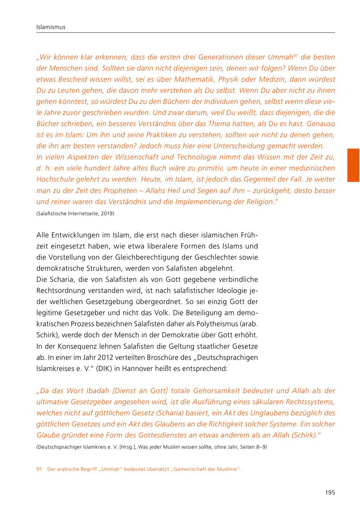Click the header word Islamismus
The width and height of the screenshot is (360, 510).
(51, 27)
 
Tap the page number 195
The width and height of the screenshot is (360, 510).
(330, 492)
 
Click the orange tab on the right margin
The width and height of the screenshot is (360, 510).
(353, 165)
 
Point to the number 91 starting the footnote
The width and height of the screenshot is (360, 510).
(39, 469)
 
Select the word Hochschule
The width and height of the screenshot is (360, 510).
(54, 179)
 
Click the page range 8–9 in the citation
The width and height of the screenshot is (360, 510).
(260, 447)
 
